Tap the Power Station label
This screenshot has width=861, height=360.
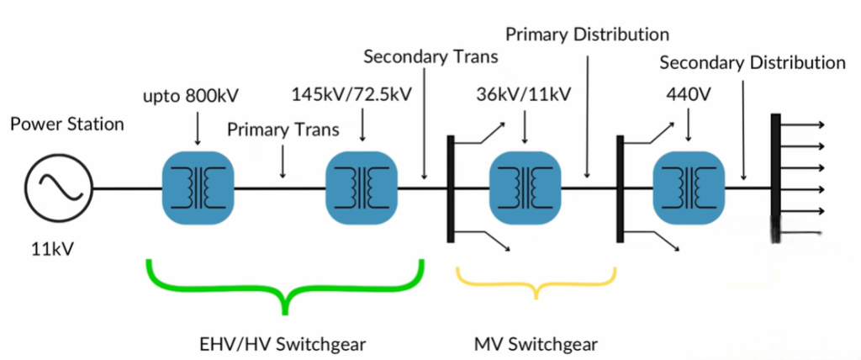67,124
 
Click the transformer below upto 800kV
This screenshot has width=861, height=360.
197,188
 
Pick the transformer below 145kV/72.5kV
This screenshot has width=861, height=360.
362,188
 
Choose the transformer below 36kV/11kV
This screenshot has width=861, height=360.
525,188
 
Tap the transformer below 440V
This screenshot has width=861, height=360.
689,188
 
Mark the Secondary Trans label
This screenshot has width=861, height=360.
431,57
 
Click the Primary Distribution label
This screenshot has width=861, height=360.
588,34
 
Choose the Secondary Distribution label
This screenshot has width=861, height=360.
753,62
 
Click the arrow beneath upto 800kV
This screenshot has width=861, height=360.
197,130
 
